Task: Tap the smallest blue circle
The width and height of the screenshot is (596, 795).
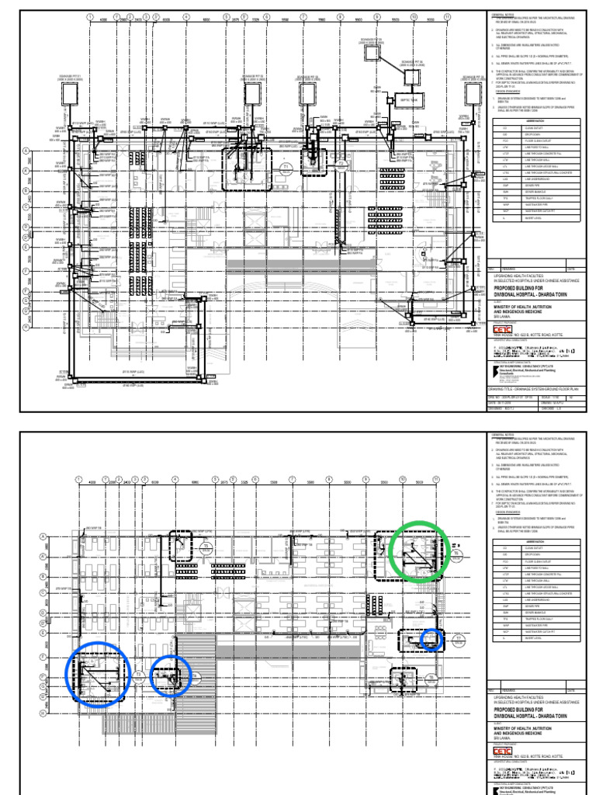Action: [x=431, y=640]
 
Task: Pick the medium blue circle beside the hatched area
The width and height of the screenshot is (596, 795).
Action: [x=169, y=676]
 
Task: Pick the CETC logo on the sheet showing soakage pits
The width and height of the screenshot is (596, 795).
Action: [x=504, y=329]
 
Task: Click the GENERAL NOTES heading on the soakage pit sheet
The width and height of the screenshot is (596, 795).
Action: [x=501, y=14]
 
